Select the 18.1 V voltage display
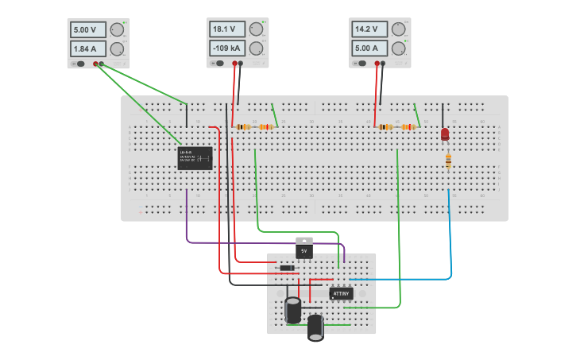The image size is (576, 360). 227,29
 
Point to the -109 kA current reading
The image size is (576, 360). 227,48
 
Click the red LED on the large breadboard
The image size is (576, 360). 445,134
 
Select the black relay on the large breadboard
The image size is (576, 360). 195,157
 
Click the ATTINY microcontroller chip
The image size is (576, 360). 341,293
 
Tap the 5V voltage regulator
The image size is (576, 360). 303,249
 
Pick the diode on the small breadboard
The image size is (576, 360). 287,268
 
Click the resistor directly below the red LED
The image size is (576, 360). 448,162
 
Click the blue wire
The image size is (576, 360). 451,238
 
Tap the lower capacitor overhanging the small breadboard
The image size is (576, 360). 316,327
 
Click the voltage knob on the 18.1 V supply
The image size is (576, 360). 256,29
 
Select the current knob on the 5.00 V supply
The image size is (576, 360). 117,49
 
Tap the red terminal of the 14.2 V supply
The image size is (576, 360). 377,63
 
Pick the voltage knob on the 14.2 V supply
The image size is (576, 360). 398,29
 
